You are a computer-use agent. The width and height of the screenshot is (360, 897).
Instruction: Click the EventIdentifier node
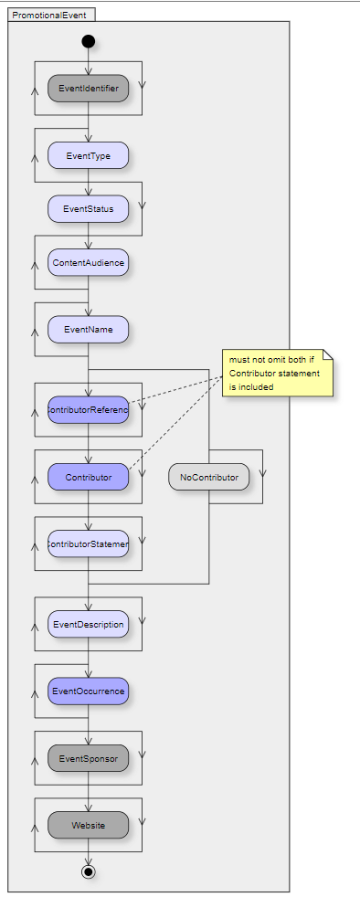click(x=88, y=89)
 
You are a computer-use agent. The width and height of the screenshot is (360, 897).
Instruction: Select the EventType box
click(x=88, y=156)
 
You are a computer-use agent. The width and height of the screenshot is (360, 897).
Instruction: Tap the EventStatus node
click(x=88, y=209)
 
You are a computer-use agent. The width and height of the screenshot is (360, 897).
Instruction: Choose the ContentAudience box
click(x=88, y=263)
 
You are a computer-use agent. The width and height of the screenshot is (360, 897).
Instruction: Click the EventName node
click(x=88, y=330)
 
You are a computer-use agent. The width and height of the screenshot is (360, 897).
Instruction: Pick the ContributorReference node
click(x=88, y=410)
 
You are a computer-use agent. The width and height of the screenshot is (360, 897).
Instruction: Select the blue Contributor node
click(x=88, y=477)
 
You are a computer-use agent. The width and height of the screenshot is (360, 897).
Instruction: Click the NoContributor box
click(x=208, y=477)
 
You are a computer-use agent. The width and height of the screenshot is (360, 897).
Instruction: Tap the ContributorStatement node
click(x=88, y=544)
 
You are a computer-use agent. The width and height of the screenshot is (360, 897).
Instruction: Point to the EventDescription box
click(x=88, y=625)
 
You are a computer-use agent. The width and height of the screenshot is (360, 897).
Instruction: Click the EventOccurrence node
click(x=88, y=691)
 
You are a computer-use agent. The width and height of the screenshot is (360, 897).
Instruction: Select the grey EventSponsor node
click(x=88, y=758)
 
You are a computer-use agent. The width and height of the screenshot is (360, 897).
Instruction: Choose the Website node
click(x=88, y=826)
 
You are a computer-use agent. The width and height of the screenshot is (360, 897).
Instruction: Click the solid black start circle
click(x=88, y=41)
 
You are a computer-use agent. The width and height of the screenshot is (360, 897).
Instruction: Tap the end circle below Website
click(x=88, y=871)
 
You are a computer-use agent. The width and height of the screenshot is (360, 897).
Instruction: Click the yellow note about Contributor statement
click(x=277, y=373)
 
